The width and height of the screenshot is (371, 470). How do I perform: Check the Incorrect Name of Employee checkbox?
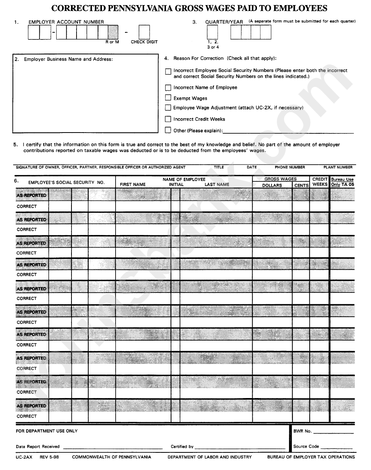pyautogui.click(x=168, y=88)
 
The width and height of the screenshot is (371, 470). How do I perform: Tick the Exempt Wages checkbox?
pyautogui.click(x=168, y=98)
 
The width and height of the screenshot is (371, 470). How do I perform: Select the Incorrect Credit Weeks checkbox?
pyautogui.click(x=168, y=119)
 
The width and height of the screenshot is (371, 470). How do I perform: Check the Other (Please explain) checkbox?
pyautogui.click(x=168, y=130)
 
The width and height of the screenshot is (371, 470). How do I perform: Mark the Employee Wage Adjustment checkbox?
pyautogui.click(x=168, y=108)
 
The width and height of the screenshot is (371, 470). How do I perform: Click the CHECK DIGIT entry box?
pyautogui.click(x=144, y=32)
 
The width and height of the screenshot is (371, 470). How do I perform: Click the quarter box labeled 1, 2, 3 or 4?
pyautogui.click(x=212, y=32)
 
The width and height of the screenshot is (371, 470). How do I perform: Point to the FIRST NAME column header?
pyautogui.click(x=133, y=185)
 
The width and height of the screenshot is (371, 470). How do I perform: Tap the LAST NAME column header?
pyautogui.click(x=217, y=185)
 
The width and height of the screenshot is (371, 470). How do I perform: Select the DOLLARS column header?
pyautogui.click(x=272, y=185)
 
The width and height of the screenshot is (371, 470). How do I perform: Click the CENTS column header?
pyautogui.click(x=301, y=185)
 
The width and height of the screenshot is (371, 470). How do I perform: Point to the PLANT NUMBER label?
pyautogui.click(x=338, y=167)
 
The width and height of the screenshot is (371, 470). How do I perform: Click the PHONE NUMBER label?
pyautogui.click(x=290, y=167)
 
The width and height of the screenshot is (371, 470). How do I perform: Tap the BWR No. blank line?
pyautogui.click(x=333, y=433)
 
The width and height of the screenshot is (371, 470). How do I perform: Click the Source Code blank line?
pyautogui.click(x=337, y=448)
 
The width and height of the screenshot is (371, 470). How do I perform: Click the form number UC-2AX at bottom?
pyautogui.click(x=24, y=457)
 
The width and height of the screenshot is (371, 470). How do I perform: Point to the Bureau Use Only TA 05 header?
pyautogui.click(x=342, y=182)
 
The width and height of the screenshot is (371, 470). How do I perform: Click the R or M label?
pyautogui.click(x=112, y=42)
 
